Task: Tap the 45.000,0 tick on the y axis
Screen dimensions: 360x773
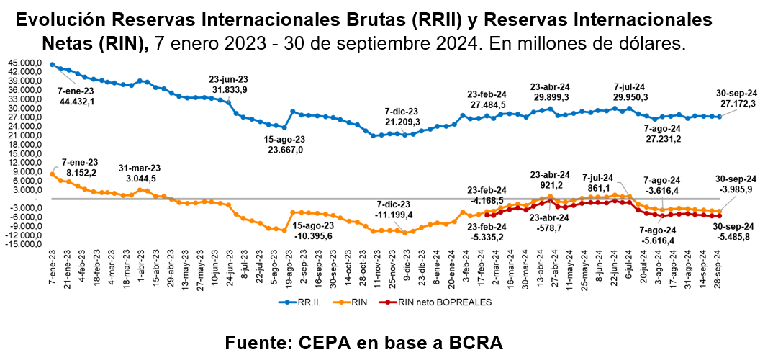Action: (x=25, y=63)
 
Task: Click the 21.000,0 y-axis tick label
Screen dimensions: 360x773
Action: (x=25, y=135)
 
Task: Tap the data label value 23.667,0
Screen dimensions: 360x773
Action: (x=284, y=150)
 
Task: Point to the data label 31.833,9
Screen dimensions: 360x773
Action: (x=230, y=89)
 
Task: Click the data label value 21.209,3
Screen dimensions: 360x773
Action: (x=401, y=122)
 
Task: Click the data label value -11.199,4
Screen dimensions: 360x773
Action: (x=394, y=214)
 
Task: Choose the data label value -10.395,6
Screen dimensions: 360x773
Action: (x=314, y=235)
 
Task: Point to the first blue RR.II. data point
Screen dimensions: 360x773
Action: (x=53, y=65)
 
